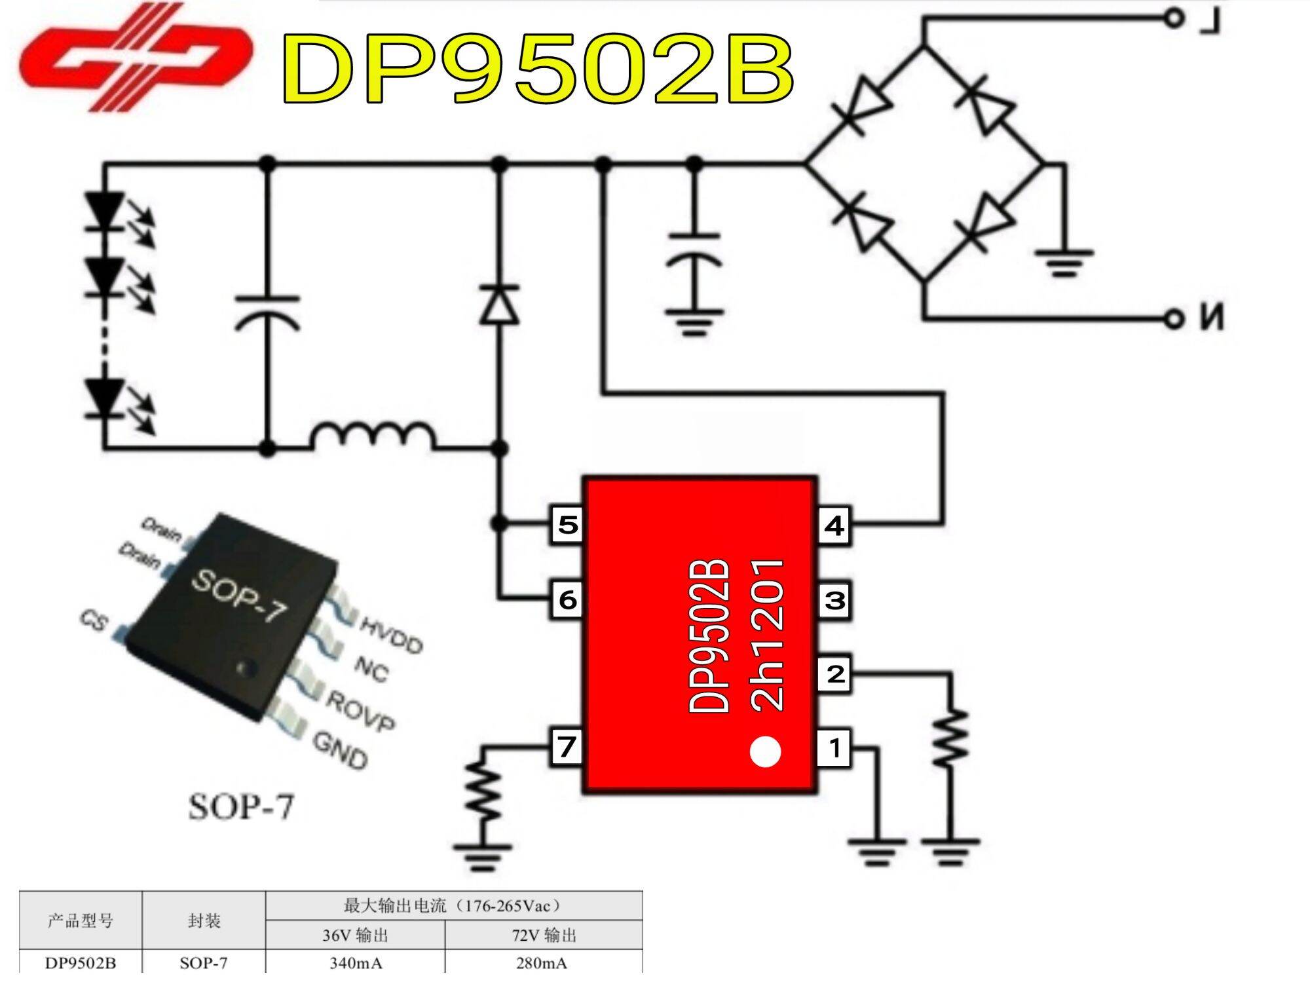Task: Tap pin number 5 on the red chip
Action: pos(567,524)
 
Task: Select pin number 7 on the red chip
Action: pos(567,746)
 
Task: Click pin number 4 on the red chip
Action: pos(834,525)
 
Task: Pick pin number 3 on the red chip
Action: pos(834,599)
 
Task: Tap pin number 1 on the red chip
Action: pos(834,747)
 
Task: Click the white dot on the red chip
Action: pos(764,751)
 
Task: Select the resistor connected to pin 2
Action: pos(950,737)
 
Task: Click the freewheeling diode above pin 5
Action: pos(499,305)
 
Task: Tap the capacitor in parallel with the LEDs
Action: pos(267,311)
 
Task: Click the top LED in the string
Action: pos(105,211)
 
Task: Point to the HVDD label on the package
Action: pos(391,635)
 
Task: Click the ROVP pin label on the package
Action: pos(360,710)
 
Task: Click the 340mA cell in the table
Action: pos(356,962)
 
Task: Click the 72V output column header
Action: pos(543,935)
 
